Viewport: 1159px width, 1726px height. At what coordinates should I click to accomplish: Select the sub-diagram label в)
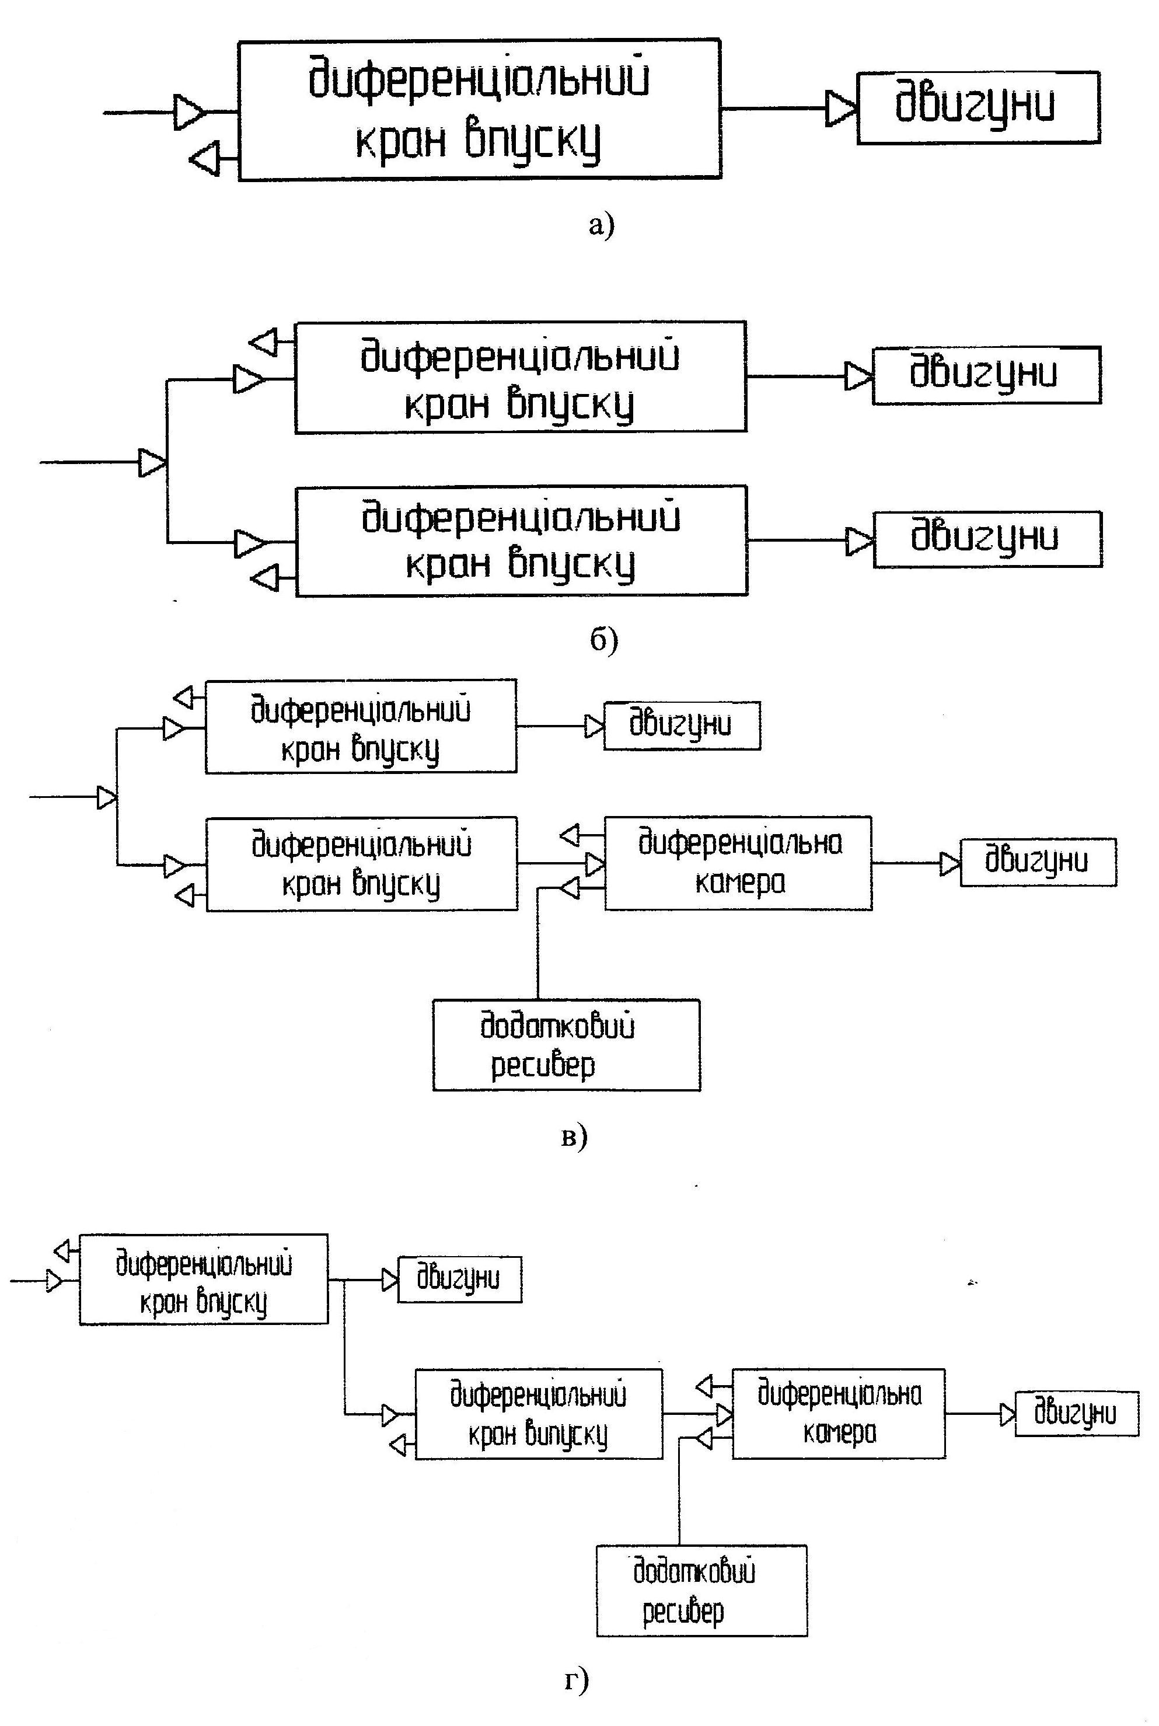(x=574, y=1136)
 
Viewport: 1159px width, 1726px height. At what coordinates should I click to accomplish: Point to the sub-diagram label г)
(x=577, y=1680)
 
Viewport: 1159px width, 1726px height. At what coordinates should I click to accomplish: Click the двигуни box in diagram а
(x=978, y=107)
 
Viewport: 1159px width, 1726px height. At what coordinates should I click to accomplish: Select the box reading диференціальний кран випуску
(x=538, y=1414)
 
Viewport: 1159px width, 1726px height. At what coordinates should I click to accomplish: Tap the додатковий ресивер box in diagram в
(x=566, y=1045)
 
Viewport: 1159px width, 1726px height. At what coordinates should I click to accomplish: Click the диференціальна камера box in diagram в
(x=738, y=863)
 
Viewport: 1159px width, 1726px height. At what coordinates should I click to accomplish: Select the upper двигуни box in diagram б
(x=987, y=375)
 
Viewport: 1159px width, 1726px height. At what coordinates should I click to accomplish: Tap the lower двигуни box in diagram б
(x=987, y=539)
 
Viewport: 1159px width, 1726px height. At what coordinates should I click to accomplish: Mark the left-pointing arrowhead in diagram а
(x=205, y=158)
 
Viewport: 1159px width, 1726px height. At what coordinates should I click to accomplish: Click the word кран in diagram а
(x=399, y=141)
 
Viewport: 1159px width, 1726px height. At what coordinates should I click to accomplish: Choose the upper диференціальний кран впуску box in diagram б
(x=521, y=377)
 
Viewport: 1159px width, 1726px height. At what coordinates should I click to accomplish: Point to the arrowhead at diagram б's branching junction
(x=152, y=463)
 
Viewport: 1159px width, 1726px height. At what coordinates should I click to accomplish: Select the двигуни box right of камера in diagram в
(x=1038, y=862)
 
